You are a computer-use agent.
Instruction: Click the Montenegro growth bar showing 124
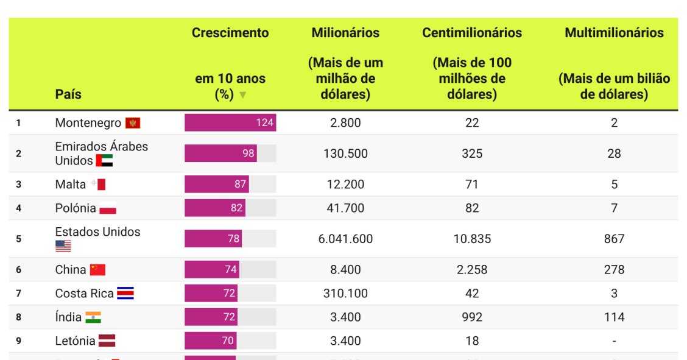pos(230,122)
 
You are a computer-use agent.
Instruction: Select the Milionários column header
pos(345,33)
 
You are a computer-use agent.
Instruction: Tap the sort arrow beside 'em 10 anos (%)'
pos(243,95)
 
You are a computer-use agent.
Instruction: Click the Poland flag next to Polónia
pos(108,208)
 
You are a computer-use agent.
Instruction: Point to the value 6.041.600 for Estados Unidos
pos(345,239)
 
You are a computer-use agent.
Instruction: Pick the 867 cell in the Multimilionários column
pos(614,239)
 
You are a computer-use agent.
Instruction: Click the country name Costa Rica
pos(84,294)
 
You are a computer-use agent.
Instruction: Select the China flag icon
pos(97,270)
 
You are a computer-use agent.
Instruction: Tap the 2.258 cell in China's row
pos(472,269)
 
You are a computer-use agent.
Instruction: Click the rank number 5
pos(18,239)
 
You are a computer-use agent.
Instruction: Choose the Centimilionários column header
pos(472,33)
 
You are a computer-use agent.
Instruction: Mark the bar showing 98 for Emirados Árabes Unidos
pos(220,154)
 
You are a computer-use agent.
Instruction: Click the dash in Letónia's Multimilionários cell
pos(614,341)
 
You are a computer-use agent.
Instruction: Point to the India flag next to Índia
pos(93,317)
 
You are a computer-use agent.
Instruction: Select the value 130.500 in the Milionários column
pos(345,154)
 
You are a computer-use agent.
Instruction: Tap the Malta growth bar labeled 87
pos(217,184)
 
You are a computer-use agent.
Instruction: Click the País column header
pos(68,94)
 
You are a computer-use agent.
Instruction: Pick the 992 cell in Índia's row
pos(472,317)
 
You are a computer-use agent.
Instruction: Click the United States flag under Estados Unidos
pos(63,246)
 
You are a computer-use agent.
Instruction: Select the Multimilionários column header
pos(614,33)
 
